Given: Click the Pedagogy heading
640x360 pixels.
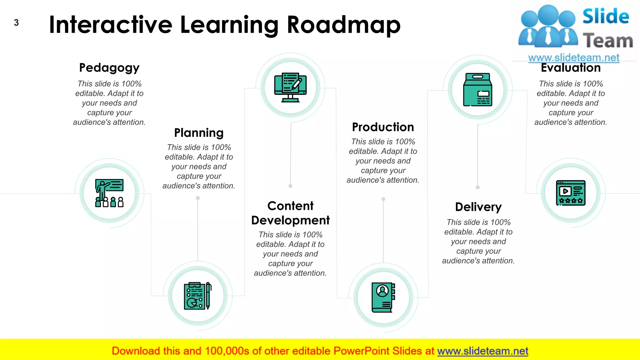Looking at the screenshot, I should coord(109,68).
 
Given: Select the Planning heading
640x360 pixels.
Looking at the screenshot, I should coord(199,133).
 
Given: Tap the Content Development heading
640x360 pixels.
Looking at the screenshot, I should coord(290,213).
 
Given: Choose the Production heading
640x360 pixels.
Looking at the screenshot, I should coord(383,127).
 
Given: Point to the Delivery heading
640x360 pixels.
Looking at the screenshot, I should coord(478,207).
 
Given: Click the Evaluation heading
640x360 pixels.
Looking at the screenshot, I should coord(571,68).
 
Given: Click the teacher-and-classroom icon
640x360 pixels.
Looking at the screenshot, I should coord(109,193).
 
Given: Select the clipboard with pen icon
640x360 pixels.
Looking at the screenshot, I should coord(198,296).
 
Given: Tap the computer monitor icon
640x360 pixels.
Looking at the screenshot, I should coord(290,87).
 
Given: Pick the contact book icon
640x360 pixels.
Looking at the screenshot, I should coord(383,297).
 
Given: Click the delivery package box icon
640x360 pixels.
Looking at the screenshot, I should coord(477,90).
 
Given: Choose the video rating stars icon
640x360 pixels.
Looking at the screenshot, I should coord(571,193).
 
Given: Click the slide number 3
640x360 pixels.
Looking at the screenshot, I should coord(16,23).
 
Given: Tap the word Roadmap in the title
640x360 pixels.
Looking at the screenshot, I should coord(343,25).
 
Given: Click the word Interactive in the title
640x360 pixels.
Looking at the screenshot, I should coord(111,25).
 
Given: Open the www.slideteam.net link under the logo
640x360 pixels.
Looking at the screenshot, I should coord(573,58).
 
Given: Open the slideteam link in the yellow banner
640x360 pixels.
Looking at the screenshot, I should coord(482,351).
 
